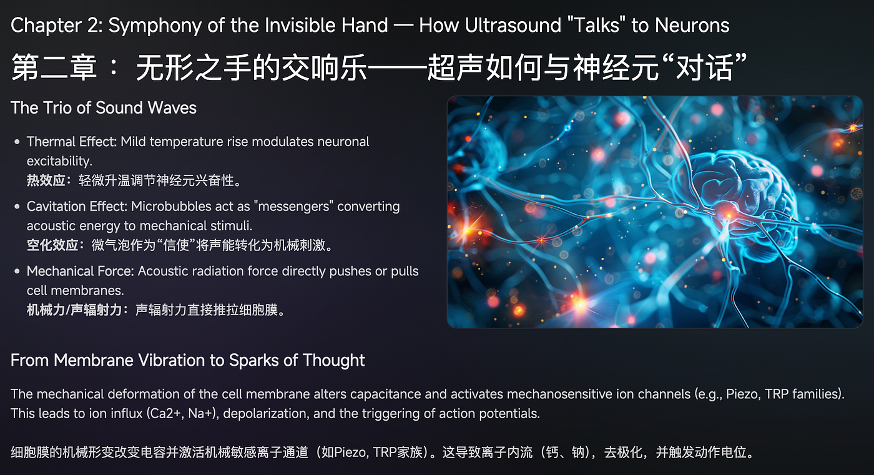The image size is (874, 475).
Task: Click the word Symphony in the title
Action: click(x=155, y=26)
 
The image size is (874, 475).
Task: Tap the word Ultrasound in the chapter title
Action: click(x=513, y=26)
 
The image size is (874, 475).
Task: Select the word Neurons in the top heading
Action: click(x=692, y=26)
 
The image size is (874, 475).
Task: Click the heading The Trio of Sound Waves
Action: click(x=104, y=107)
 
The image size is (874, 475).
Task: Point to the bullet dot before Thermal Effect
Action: click(x=17, y=142)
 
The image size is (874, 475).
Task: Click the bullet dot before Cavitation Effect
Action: click(x=17, y=207)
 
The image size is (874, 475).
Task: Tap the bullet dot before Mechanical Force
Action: click(x=17, y=272)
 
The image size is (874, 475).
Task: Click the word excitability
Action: click(x=59, y=161)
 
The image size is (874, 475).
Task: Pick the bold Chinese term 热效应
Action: click(x=46, y=180)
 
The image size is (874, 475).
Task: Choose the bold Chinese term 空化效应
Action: click(x=52, y=245)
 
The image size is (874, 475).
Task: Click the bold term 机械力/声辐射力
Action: click(x=74, y=310)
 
